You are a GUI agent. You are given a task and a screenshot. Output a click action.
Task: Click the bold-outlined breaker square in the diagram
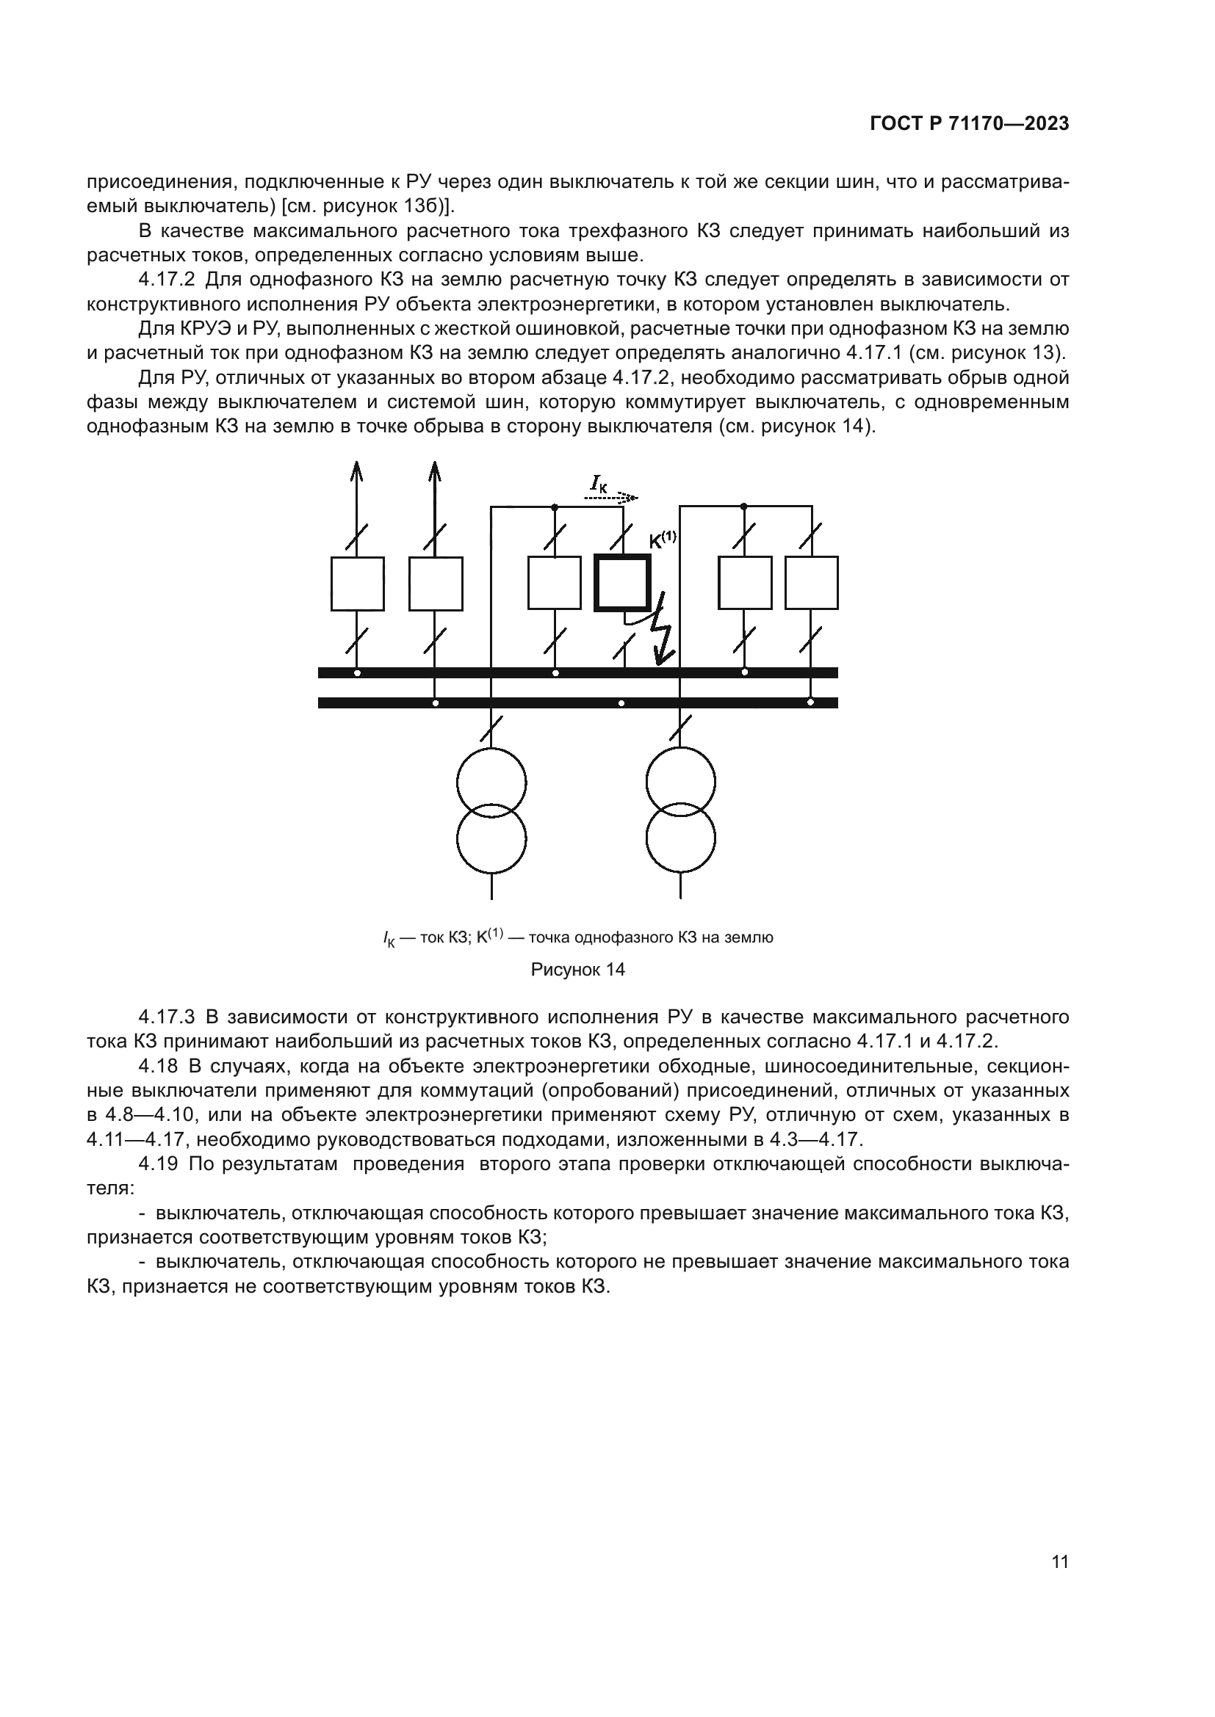(x=621, y=583)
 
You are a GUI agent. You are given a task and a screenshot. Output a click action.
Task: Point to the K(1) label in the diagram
(x=662, y=540)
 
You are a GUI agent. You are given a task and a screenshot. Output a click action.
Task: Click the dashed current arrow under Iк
(x=610, y=496)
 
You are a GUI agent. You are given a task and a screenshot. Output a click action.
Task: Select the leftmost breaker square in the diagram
(x=358, y=584)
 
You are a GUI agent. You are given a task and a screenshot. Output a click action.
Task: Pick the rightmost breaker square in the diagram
(x=811, y=583)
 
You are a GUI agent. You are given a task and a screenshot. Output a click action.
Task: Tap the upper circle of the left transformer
(x=491, y=783)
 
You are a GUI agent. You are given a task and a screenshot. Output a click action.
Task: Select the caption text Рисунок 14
(x=577, y=970)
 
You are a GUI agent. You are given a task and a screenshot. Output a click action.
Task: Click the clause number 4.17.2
(x=167, y=280)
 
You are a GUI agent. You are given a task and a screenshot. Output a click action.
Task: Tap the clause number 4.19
(x=159, y=1164)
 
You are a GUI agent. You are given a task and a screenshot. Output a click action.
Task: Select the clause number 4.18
(x=159, y=1066)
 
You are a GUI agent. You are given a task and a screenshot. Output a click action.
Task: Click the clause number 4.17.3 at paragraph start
(x=167, y=1017)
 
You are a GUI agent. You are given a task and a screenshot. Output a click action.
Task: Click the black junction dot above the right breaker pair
(x=743, y=507)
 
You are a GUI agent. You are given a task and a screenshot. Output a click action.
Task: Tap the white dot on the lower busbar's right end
(x=810, y=703)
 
